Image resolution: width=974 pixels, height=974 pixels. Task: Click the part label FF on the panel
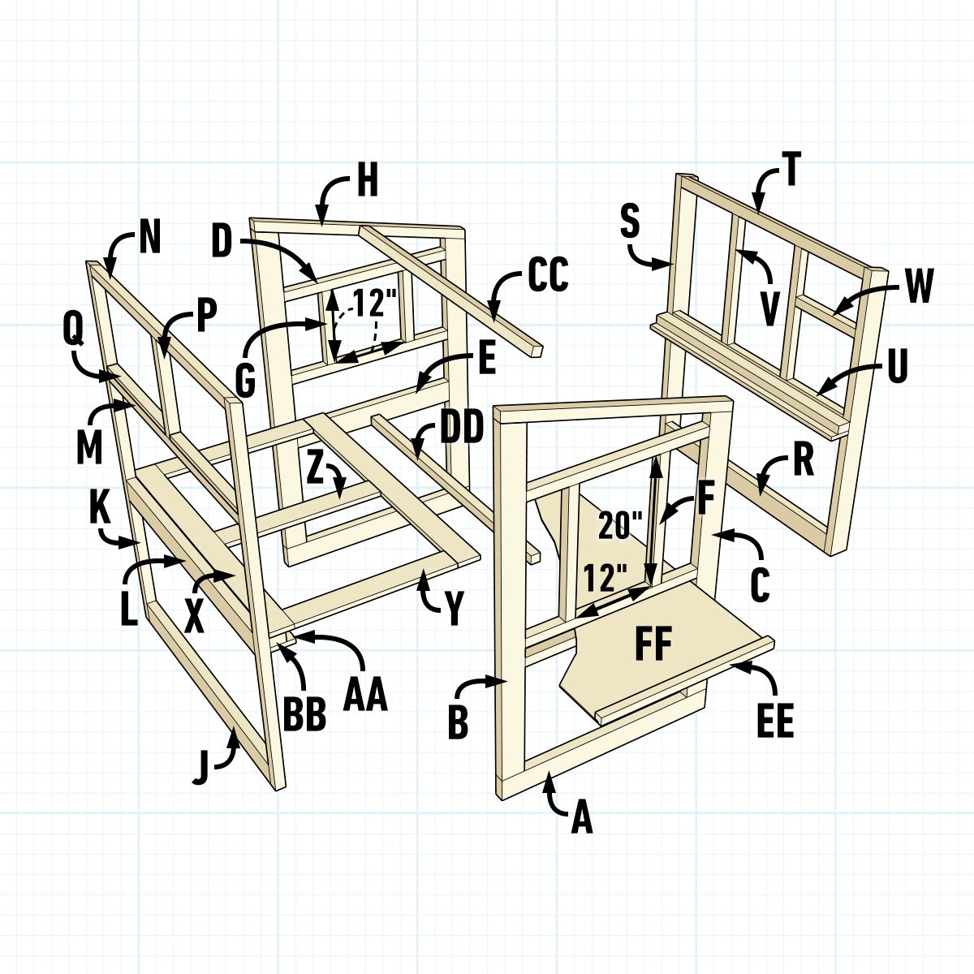coord(653,643)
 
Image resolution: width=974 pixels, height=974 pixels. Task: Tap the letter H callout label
coord(367,182)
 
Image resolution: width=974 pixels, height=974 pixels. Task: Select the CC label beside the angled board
coord(548,275)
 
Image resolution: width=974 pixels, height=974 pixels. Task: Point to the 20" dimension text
coord(621,526)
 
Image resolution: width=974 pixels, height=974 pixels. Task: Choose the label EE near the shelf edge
coord(774,722)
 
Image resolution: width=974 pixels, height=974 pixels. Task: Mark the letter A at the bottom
coord(581,818)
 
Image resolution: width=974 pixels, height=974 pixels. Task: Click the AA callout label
coord(365,695)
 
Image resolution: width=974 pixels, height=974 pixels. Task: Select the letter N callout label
coord(149,238)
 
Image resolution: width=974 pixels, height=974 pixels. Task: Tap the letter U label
coord(895,366)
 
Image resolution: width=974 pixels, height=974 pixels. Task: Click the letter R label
coord(804,459)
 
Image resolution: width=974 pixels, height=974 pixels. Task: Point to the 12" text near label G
coord(375,304)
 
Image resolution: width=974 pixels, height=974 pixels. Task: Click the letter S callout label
coord(631,222)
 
